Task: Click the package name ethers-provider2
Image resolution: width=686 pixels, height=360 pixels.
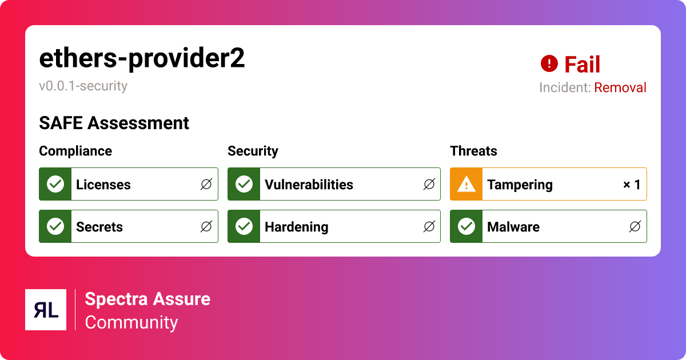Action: (x=142, y=58)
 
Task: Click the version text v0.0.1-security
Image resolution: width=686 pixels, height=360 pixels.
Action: (x=83, y=86)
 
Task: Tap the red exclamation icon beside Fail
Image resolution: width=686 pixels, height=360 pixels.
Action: (x=549, y=63)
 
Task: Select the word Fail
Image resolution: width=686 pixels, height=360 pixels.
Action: (x=582, y=65)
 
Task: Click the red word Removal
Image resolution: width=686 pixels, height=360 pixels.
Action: (x=620, y=87)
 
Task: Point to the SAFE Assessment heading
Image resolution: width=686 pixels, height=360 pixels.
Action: (x=114, y=123)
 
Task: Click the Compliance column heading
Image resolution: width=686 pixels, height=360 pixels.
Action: (x=75, y=151)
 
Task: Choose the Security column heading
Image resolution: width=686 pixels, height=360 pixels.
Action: (x=253, y=151)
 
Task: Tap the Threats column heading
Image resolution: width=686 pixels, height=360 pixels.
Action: (x=473, y=151)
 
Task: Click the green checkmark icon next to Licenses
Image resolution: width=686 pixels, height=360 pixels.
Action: (x=55, y=184)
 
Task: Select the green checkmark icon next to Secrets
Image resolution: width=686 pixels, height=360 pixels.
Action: (x=55, y=226)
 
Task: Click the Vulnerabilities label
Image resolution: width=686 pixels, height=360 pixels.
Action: (x=309, y=185)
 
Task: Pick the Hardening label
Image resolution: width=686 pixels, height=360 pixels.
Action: (x=296, y=227)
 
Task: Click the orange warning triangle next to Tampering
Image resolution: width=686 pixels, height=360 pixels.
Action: (x=466, y=184)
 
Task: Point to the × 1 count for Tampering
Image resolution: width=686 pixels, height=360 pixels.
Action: (x=632, y=185)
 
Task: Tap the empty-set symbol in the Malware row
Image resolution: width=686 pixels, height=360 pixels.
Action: (x=635, y=227)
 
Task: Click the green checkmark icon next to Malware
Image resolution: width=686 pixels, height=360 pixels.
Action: (x=466, y=226)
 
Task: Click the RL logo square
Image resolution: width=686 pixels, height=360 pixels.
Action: (x=46, y=310)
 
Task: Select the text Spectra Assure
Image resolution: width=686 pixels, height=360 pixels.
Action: (x=147, y=299)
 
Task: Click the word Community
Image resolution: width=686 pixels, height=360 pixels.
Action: (x=131, y=322)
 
